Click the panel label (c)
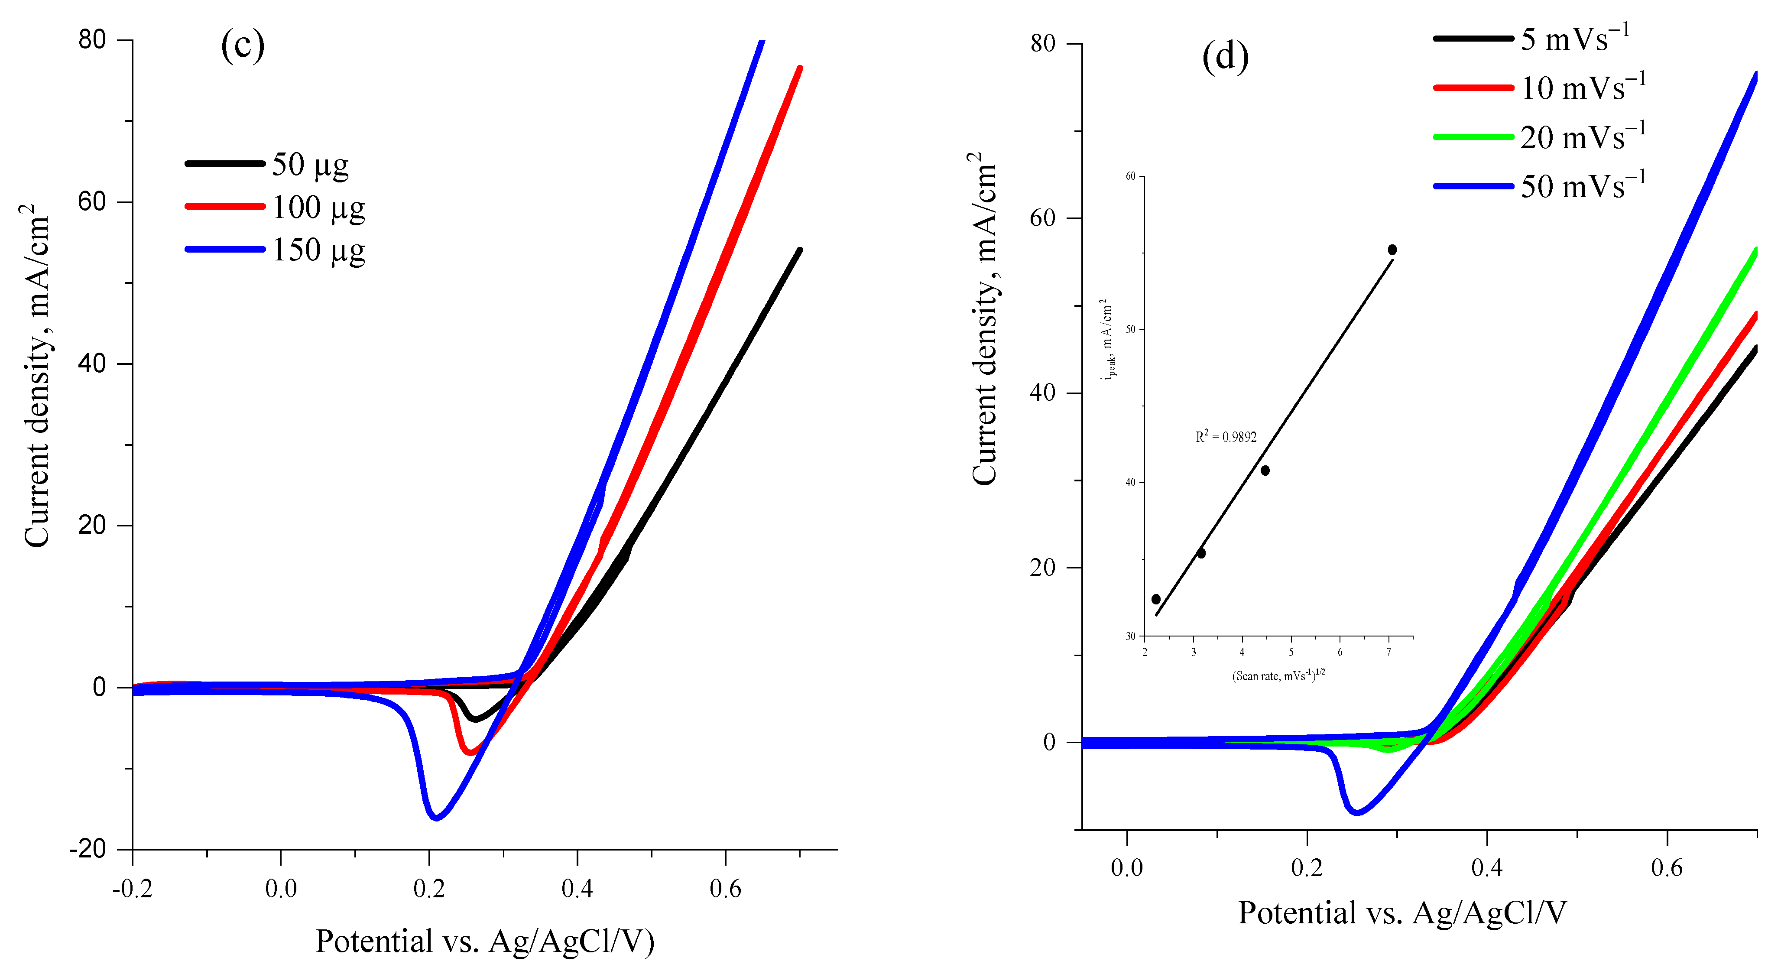click(x=243, y=45)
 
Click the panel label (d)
click(x=1225, y=57)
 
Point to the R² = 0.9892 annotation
click(x=1226, y=437)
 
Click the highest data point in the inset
click(x=1392, y=250)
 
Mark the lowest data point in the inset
click(x=1156, y=599)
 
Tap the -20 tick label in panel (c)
click(x=88, y=848)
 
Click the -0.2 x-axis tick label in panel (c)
click(x=132, y=888)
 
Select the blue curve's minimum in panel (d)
click(x=1356, y=813)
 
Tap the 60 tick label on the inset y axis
click(x=1130, y=176)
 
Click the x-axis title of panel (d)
click(x=1401, y=912)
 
